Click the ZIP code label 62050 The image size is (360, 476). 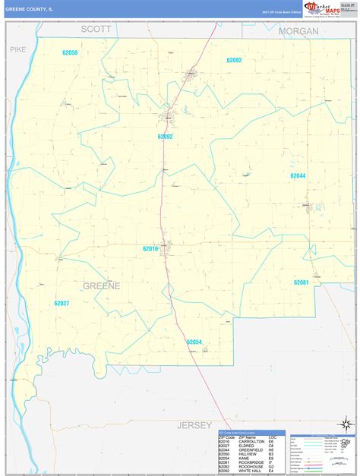coord(71,52)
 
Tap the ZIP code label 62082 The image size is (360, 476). coord(234,59)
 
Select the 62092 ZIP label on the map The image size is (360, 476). coord(166,137)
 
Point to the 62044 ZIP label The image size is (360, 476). coord(298,175)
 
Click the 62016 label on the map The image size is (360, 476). coord(150,248)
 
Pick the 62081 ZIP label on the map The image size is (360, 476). coord(302,282)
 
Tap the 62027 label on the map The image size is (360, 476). coord(62,303)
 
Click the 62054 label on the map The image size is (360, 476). coord(194,342)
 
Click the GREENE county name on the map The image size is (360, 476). coord(101,285)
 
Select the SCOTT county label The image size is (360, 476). coord(96,29)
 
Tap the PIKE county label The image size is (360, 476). coord(18,49)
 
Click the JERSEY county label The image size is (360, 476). coord(195,425)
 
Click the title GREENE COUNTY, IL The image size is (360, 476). coord(30,9)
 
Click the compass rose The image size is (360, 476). coord(346,422)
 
